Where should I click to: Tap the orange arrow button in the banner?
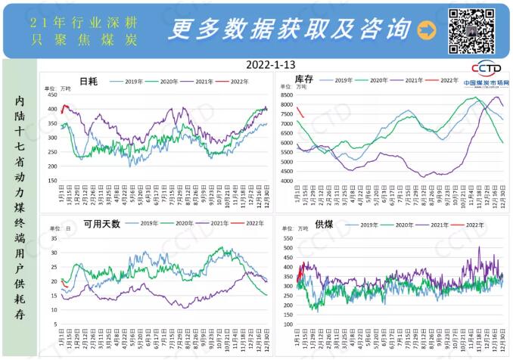tap(427, 29)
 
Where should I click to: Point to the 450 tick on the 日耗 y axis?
tap(52, 95)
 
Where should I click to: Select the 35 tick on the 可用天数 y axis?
tap(54, 238)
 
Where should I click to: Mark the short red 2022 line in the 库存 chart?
tap(300, 113)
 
